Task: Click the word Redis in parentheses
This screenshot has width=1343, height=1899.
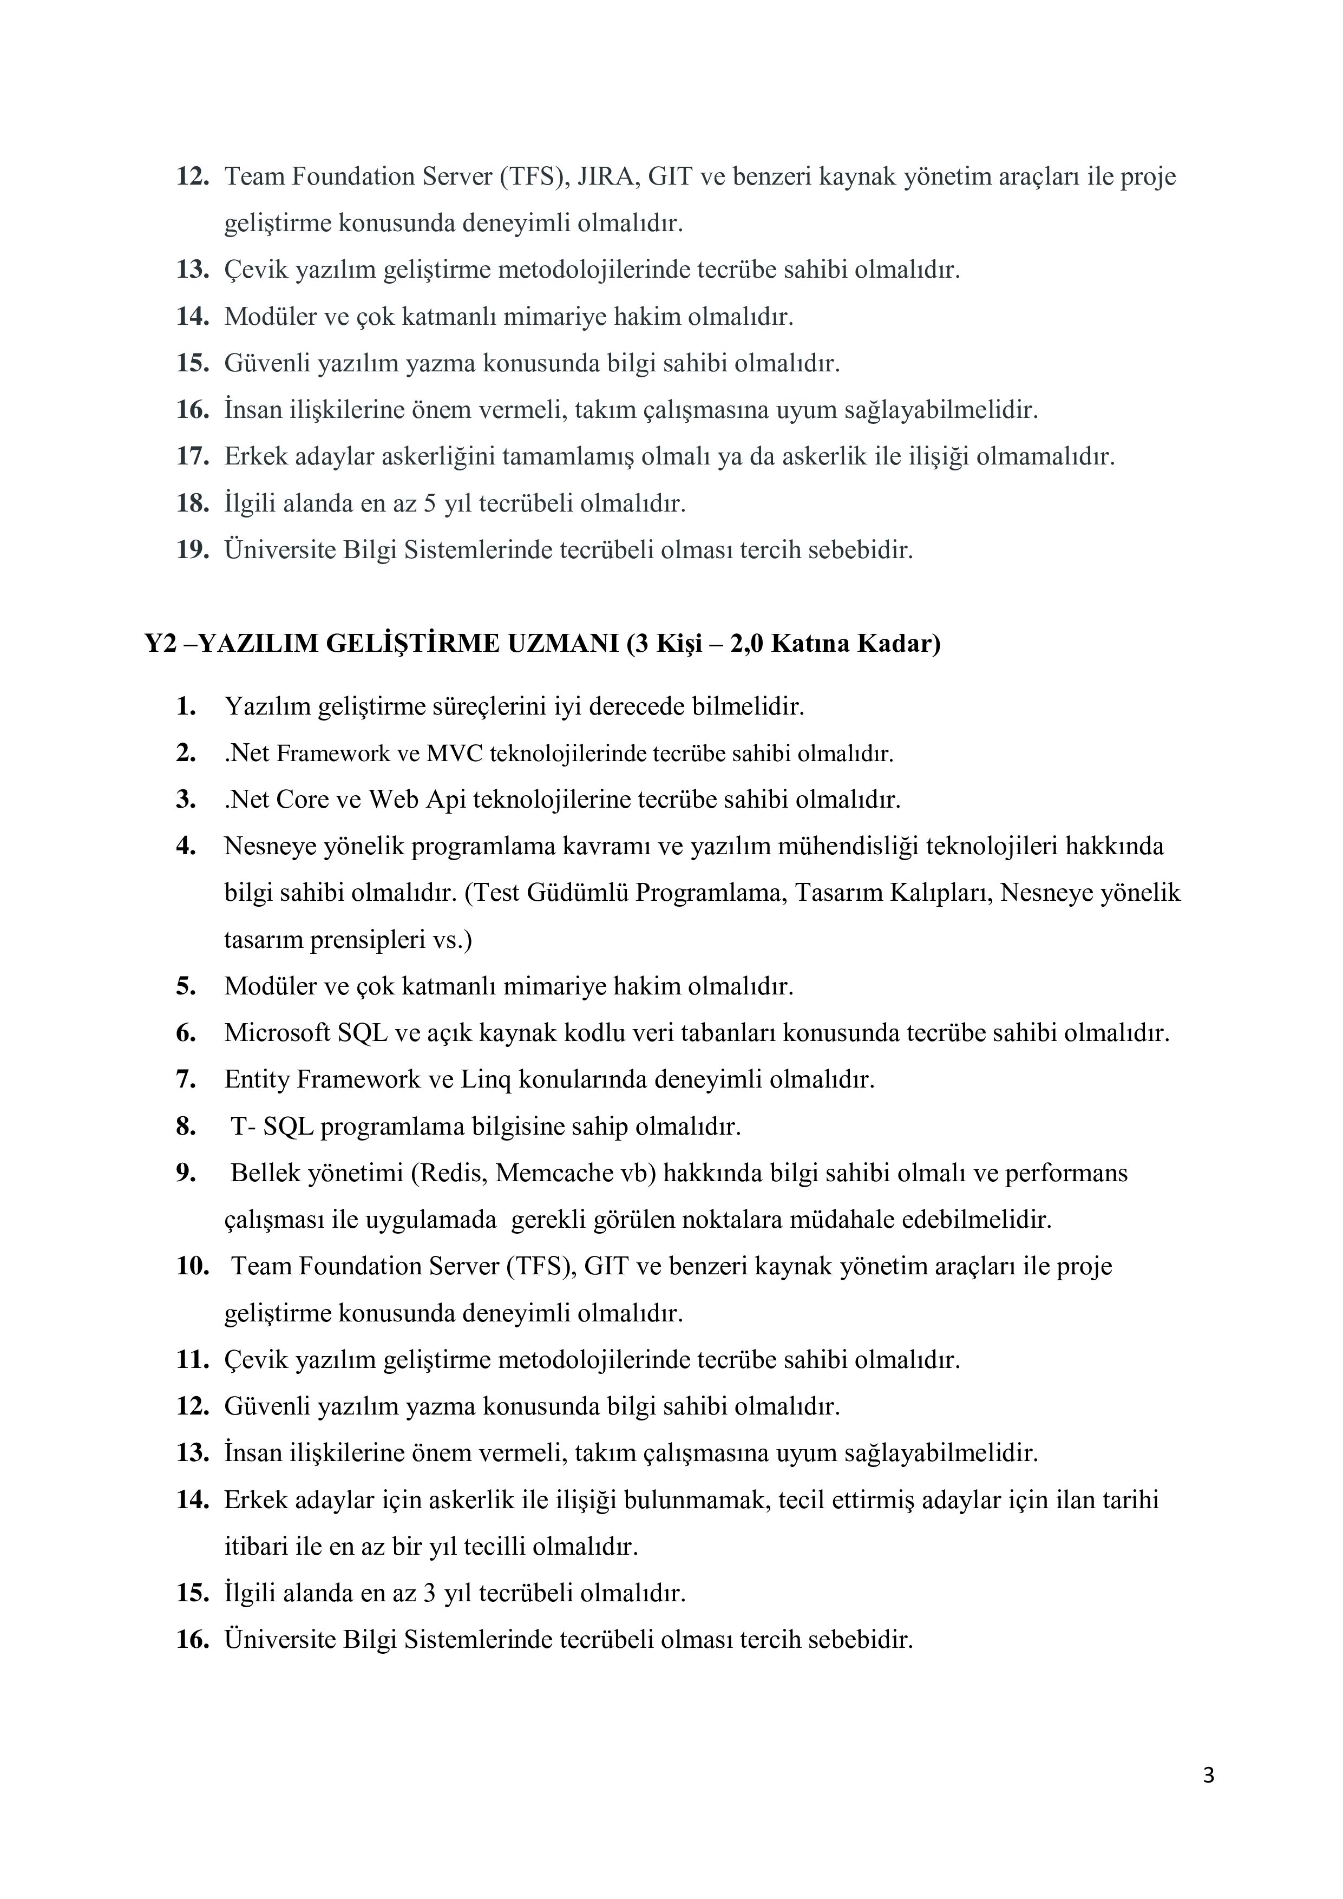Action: [x=451, y=1173]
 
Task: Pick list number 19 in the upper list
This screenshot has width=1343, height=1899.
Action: [x=192, y=550]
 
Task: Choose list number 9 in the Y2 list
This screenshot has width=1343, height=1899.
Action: [x=185, y=1173]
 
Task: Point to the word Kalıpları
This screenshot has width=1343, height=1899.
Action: [x=939, y=893]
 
